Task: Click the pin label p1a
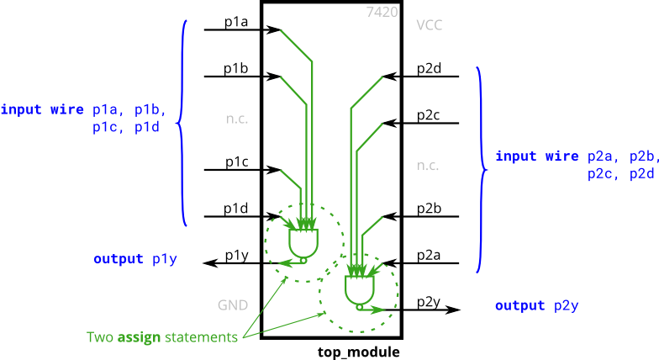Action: point(235,23)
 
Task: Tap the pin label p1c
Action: point(235,162)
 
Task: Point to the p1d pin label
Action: point(235,209)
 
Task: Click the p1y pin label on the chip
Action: point(235,256)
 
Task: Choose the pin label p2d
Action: point(429,69)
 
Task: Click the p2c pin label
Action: point(429,116)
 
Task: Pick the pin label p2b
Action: point(429,209)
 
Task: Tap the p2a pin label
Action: point(429,256)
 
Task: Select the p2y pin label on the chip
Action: point(429,302)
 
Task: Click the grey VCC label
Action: point(429,25)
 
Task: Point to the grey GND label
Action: point(233,304)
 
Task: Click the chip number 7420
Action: point(382,13)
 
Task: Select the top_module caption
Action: point(359,352)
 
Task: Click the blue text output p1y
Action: point(135,259)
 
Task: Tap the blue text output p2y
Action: point(537,305)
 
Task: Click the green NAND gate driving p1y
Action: point(303,243)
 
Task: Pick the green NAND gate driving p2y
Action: point(360,289)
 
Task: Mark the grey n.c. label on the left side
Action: point(237,119)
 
